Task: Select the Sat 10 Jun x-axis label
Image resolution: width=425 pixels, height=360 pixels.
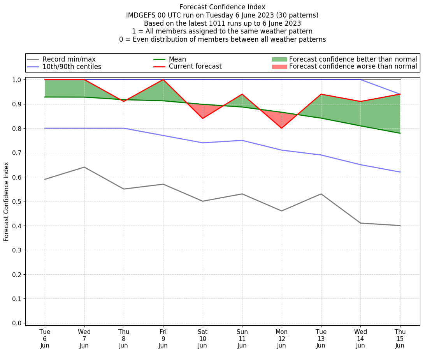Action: [x=202, y=339]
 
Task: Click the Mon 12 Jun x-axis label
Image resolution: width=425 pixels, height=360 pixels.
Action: [x=281, y=339]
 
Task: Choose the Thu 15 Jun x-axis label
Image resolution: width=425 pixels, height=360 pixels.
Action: [x=400, y=339]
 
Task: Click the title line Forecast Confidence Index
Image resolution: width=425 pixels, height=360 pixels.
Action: [x=222, y=7]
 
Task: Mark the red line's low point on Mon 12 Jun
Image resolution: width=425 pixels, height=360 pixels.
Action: [x=281, y=128]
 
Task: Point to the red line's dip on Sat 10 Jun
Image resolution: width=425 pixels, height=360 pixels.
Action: [x=202, y=118]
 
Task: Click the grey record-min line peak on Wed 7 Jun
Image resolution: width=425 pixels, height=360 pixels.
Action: [x=84, y=167]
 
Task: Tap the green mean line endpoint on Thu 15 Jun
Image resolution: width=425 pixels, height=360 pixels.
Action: [x=400, y=133]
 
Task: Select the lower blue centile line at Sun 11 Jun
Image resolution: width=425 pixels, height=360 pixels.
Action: [x=242, y=140]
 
